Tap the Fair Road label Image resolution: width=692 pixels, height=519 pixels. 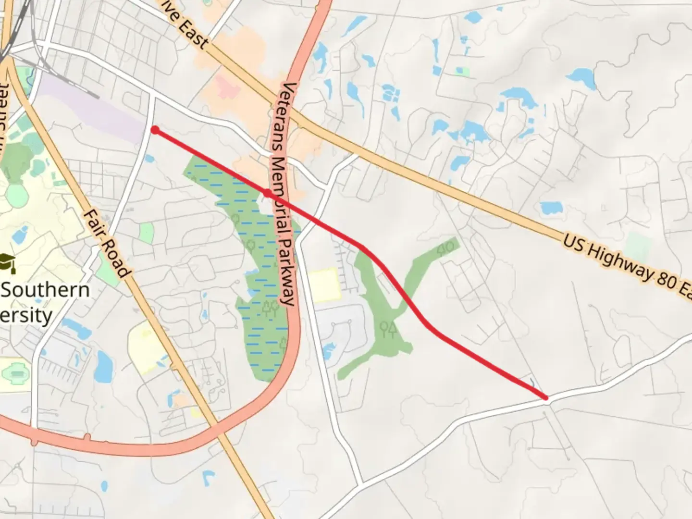coord(107,243)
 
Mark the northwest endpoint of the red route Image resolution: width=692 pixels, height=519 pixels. coord(155,130)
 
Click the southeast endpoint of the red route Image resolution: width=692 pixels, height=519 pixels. coord(546,397)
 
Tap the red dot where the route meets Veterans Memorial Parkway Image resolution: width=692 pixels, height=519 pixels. coord(267,193)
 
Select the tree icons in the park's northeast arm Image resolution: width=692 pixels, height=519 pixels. coord(446,248)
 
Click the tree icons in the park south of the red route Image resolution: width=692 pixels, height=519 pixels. coord(387,329)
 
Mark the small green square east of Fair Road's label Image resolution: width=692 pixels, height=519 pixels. coord(147,233)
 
